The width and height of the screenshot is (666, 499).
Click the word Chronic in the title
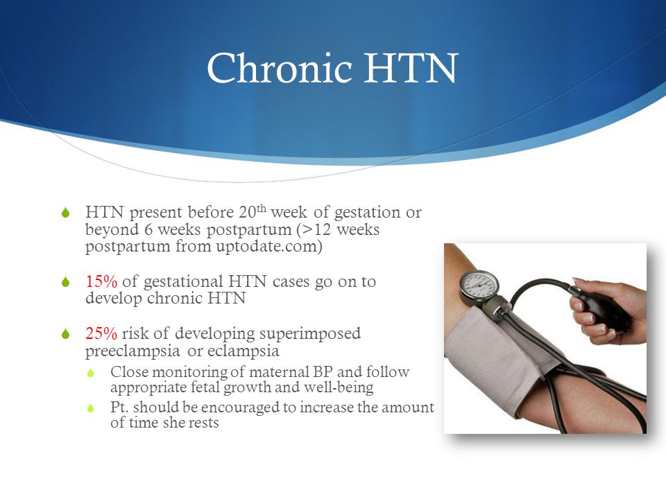point(280,67)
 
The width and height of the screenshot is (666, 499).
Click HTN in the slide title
point(411,68)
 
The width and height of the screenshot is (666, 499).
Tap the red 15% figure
point(101,281)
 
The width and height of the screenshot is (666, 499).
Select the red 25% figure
point(101,333)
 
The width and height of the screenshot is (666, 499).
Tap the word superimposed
point(310,334)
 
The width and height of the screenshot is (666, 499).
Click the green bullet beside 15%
point(65,282)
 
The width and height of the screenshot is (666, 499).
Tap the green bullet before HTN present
point(65,213)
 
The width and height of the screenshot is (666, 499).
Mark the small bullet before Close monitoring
point(90,373)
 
